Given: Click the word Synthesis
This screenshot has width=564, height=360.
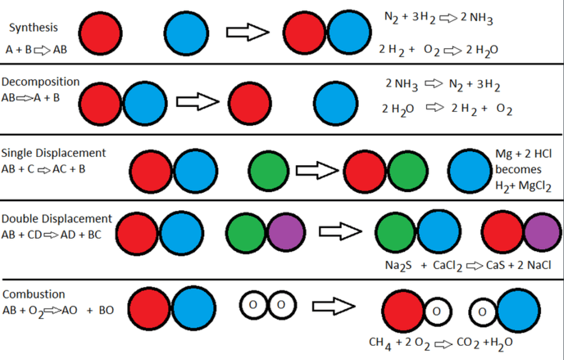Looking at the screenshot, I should (33, 27).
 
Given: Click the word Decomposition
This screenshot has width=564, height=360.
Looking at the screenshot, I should (40, 82).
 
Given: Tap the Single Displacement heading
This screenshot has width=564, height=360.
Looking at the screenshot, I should (54, 153).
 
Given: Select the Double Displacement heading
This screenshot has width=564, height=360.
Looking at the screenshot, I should (57, 219).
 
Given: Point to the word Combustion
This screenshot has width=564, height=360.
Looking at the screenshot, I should (34, 295).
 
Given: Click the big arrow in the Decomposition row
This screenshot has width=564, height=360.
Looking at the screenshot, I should (197, 101).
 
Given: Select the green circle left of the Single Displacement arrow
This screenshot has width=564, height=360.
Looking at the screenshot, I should (269, 170).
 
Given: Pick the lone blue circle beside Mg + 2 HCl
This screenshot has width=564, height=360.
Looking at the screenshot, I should (469, 170).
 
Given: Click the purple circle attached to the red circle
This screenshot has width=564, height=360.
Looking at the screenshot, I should (542, 232).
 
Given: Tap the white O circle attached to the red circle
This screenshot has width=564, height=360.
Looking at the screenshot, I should (436, 311).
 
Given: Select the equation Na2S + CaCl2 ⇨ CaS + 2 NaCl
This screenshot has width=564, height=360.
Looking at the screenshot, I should (468, 266).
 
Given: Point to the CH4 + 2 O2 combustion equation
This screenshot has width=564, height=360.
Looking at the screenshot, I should (440, 343).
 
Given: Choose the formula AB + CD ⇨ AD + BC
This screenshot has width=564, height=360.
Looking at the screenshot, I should (51, 235).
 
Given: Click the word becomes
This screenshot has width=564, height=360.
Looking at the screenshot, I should (518, 170).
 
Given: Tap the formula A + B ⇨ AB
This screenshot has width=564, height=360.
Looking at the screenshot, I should (36, 50).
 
